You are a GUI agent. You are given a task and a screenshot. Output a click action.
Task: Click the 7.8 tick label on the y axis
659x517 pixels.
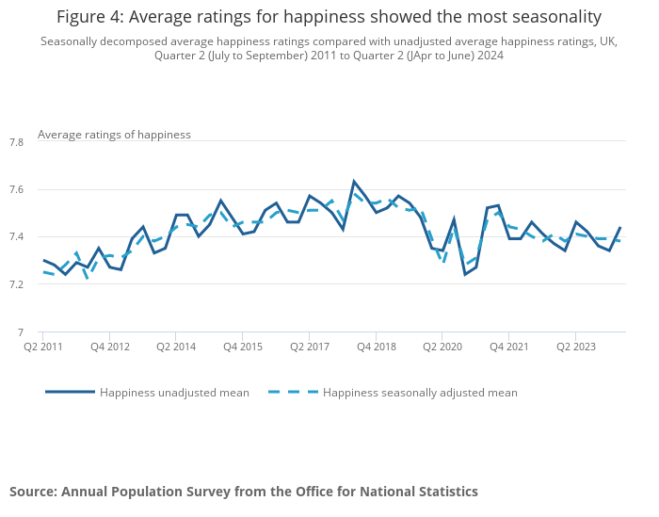(x=15, y=142)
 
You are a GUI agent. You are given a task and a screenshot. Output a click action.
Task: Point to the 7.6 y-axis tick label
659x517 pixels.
(x=15, y=189)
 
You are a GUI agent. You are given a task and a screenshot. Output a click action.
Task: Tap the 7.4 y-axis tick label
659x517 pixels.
(x=15, y=236)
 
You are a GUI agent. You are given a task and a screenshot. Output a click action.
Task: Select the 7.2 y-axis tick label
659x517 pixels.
(x=15, y=284)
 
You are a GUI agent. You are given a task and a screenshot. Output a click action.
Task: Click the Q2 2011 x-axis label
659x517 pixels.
(x=42, y=347)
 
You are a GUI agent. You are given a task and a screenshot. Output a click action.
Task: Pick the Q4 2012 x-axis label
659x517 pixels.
(x=109, y=347)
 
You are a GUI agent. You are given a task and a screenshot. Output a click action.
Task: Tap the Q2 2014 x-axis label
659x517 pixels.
(x=176, y=347)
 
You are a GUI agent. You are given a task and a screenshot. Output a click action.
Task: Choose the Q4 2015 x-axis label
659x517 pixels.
(x=242, y=347)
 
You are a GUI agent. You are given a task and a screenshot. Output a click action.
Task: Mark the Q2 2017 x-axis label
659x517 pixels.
(x=309, y=347)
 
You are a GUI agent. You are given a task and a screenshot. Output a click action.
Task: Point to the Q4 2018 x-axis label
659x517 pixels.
(x=376, y=347)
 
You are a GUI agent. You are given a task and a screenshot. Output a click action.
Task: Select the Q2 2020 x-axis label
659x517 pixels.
(x=442, y=347)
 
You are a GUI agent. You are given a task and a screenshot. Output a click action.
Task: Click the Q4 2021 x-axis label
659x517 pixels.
(x=509, y=347)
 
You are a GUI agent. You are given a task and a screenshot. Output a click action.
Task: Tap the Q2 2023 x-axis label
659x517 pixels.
(x=575, y=347)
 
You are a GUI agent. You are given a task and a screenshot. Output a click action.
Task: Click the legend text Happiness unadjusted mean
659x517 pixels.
(x=174, y=393)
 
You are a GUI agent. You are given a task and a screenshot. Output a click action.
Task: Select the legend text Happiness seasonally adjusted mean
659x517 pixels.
(x=420, y=393)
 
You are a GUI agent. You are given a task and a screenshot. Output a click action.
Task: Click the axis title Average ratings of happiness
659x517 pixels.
(x=114, y=135)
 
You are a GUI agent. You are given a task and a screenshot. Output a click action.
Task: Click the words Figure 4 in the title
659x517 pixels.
(x=91, y=17)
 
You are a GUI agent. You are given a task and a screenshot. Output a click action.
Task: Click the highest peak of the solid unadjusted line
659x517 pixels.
(x=354, y=181)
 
